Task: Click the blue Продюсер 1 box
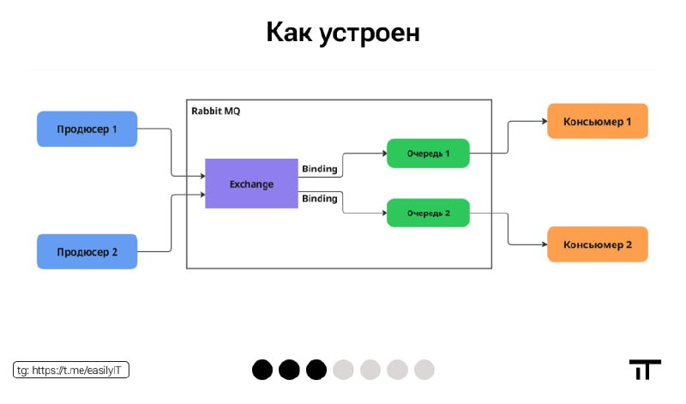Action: click(x=87, y=129)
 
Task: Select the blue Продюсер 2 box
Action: click(x=87, y=251)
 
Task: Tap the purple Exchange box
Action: click(x=251, y=184)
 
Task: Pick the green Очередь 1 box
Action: click(x=428, y=154)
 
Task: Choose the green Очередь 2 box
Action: click(x=428, y=214)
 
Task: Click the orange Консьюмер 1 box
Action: click(x=598, y=121)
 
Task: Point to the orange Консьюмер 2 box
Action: click(x=598, y=244)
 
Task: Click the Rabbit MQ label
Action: click(x=216, y=112)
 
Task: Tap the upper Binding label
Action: click(x=320, y=169)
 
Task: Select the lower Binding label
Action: click(x=320, y=199)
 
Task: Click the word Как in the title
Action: click(x=289, y=33)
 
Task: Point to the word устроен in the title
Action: click(x=370, y=34)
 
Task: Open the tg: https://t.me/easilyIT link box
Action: click(x=71, y=370)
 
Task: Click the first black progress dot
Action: click(x=262, y=370)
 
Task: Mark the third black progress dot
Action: click(x=316, y=370)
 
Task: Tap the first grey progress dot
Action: click(x=344, y=370)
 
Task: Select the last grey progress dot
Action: click(x=424, y=370)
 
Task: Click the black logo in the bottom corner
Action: click(x=646, y=370)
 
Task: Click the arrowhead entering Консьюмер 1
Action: click(x=545, y=121)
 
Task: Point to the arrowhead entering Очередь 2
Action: click(x=384, y=214)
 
